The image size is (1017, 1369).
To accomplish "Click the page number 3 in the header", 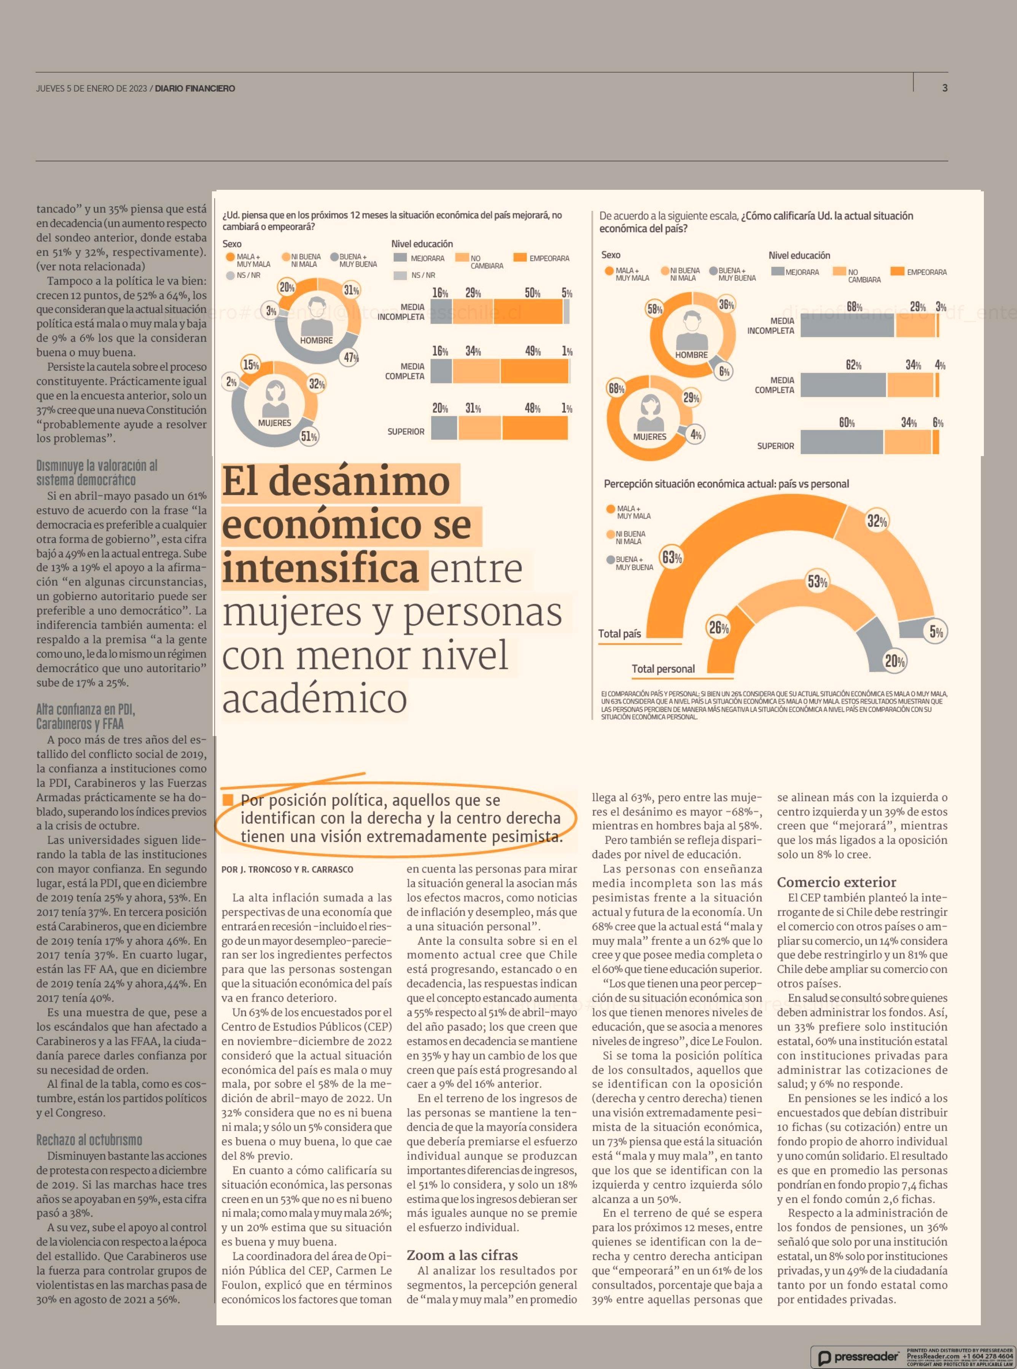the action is [x=944, y=88].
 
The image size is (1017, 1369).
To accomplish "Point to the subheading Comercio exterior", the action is [x=837, y=881].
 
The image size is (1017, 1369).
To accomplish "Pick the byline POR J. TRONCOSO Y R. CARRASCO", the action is [x=288, y=869].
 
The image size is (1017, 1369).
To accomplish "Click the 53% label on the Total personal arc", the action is [x=818, y=581].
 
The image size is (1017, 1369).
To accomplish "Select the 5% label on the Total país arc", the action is [x=936, y=631].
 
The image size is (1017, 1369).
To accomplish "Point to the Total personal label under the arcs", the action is [x=663, y=669].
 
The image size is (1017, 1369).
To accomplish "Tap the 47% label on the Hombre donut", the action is [x=351, y=358].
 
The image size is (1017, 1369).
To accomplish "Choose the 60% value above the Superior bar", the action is [x=847, y=423].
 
